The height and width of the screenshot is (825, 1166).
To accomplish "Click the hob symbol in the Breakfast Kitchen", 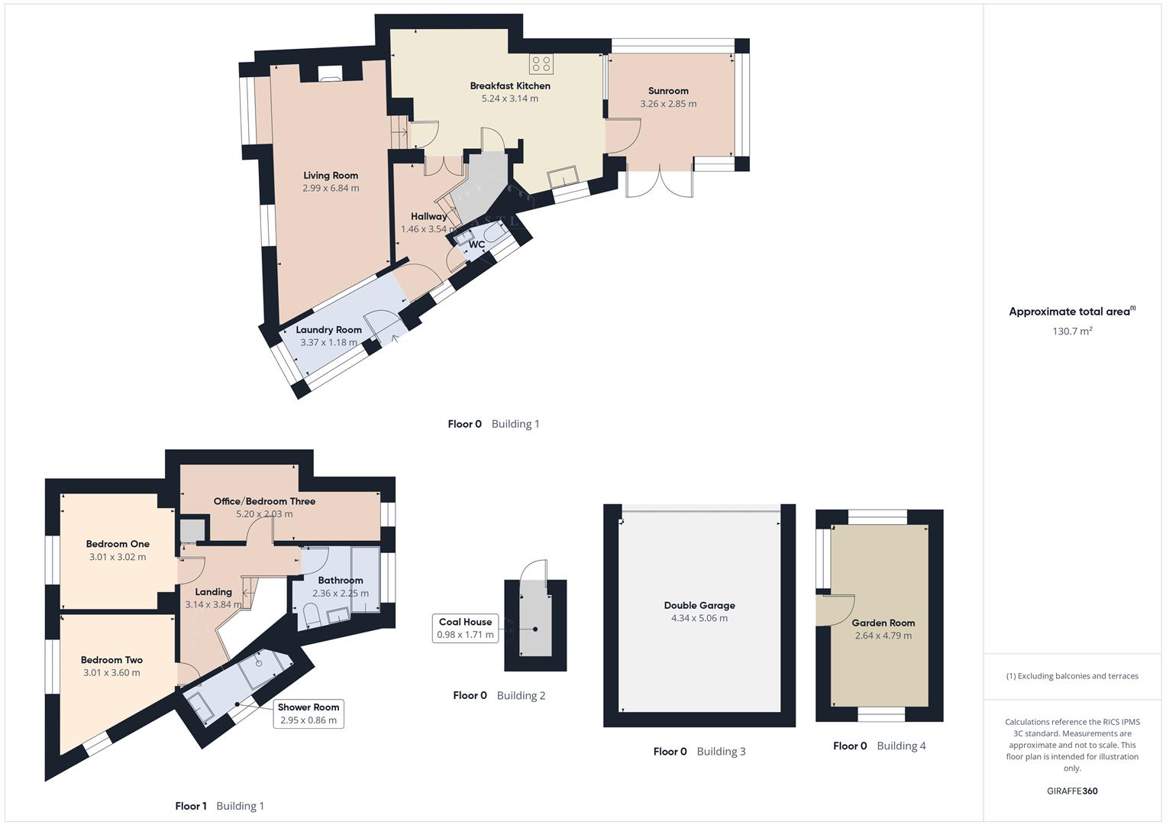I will [x=541, y=63].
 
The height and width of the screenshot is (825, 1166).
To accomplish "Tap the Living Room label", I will [x=330, y=176].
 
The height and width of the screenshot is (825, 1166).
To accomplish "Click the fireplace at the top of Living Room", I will [x=331, y=73].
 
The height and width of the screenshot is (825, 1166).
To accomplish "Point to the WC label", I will [x=476, y=244].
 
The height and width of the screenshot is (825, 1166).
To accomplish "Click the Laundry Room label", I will [x=328, y=330].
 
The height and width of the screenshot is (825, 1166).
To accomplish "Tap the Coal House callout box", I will [x=466, y=628].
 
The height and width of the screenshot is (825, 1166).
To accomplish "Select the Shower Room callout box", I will [x=308, y=713].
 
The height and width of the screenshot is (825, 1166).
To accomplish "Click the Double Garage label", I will [x=699, y=606].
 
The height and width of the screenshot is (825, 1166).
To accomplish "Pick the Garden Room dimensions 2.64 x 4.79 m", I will [x=883, y=636].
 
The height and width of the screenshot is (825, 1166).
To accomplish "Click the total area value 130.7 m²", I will [x=1071, y=332].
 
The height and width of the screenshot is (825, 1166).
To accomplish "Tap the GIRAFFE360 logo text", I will [x=1071, y=791].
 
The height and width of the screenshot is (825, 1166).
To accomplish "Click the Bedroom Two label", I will [x=111, y=660].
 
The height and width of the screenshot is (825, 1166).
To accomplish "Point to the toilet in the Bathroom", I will [x=312, y=614].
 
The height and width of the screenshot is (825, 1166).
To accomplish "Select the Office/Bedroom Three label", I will [x=264, y=502].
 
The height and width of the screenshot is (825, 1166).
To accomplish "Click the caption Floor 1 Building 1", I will [x=219, y=806].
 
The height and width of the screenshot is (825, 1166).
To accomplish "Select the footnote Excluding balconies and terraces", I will [x=1071, y=676].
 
